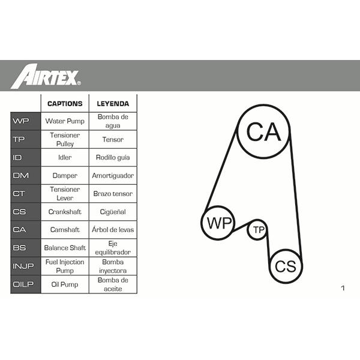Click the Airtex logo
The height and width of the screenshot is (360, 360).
[46, 76]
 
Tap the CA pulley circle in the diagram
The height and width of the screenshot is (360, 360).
[263, 106]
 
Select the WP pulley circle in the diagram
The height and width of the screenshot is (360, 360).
[218, 206]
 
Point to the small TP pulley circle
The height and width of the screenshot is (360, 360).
[257, 220]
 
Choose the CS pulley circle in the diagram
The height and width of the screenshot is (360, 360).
[286, 250]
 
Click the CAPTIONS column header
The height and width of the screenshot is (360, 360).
[65, 104]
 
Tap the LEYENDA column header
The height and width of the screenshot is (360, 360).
[113, 104]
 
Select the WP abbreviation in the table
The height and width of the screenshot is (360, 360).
[21, 121]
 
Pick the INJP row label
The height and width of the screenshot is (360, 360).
[23, 266]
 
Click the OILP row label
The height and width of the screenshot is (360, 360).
[23, 284]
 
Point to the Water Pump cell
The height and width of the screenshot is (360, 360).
[65, 121]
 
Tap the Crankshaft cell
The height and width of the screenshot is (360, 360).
[65, 212]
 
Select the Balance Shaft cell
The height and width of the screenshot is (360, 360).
[65, 248]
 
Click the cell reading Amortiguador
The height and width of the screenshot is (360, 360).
[113, 176]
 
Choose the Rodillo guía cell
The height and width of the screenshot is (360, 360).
[113, 157]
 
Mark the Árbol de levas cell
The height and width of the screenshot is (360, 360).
[113, 229]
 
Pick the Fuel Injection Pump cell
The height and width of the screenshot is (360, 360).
[65, 266]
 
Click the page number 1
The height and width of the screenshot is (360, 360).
[343, 288]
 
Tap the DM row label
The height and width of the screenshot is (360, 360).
[21, 175]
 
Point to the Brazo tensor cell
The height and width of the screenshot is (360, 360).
[113, 194]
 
